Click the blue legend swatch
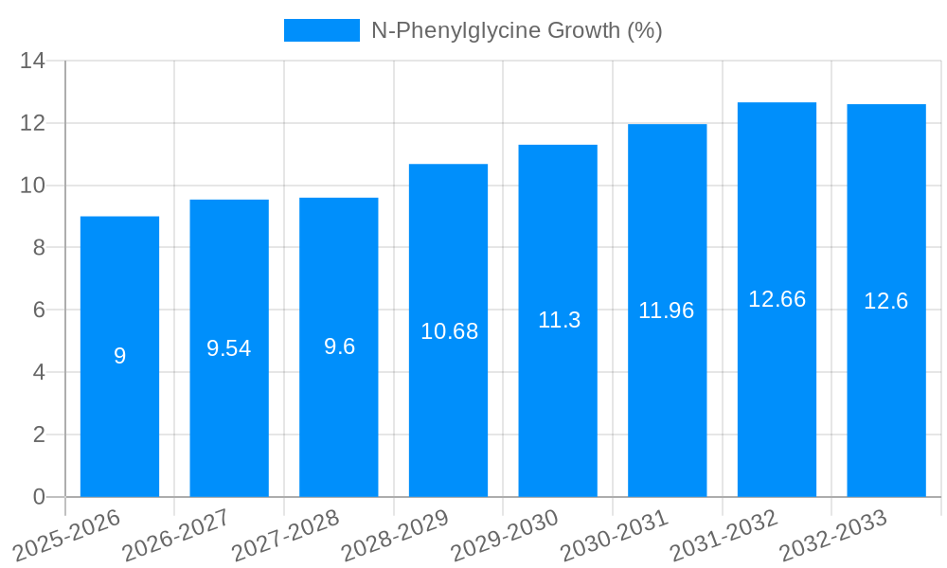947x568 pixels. coord(322,30)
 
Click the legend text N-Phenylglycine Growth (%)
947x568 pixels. coord(516,30)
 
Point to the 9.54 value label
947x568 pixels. coord(229,348)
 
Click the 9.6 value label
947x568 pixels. coord(339,346)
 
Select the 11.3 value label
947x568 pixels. coord(559,320)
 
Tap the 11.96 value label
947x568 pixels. coord(667,311)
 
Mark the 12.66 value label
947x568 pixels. coord(777,299)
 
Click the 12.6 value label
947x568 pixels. coord(886,301)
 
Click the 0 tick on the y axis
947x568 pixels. coord(39,497)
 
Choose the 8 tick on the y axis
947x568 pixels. coord(39,248)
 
